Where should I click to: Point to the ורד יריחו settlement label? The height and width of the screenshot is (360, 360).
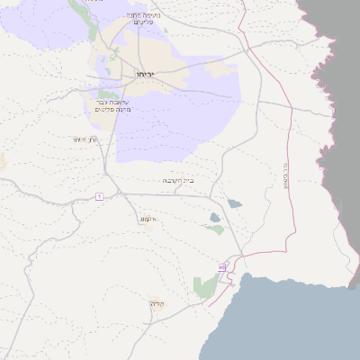(85, 139)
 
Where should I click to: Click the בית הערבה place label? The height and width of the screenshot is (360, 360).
(178, 181)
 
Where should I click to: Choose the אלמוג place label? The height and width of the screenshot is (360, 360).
(149, 219)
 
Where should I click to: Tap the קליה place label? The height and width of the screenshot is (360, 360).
(158, 304)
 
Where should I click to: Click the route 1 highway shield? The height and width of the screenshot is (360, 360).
(99, 196)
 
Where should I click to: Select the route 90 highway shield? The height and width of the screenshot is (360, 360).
(221, 267)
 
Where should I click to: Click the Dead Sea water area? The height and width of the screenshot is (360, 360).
(288, 324)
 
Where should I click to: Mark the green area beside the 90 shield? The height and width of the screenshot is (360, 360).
(205, 287)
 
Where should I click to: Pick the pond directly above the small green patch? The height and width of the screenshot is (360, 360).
(214, 217)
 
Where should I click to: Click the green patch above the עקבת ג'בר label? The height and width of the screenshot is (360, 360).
(108, 94)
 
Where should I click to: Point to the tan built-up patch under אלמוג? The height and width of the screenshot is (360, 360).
(149, 226)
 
